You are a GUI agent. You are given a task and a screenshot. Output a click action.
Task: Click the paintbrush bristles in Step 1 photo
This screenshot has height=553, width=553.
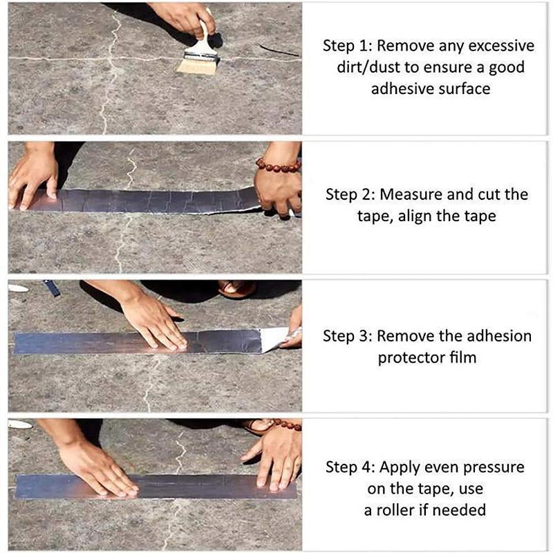coord(196,65)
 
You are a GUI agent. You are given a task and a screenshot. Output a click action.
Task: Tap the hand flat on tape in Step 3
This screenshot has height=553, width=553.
coord(155,321)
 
